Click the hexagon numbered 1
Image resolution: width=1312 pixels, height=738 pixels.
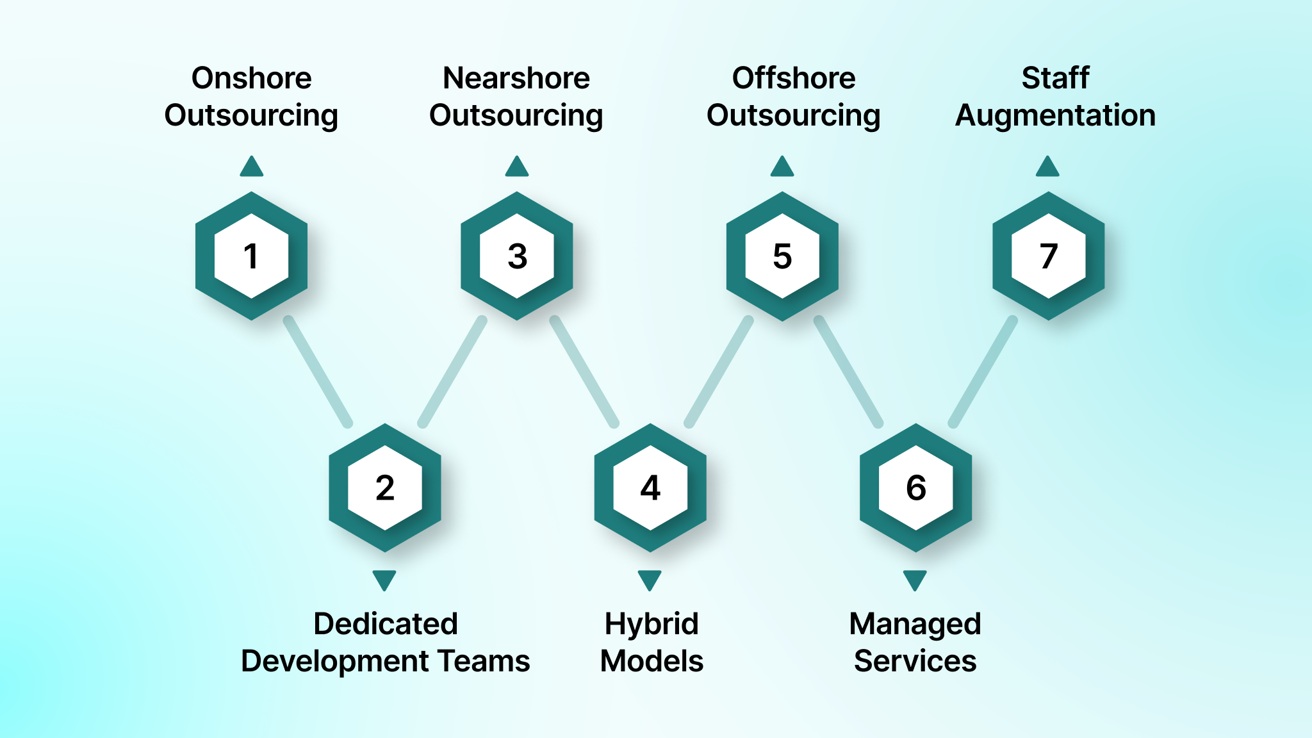pyautogui.click(x=251, y=256)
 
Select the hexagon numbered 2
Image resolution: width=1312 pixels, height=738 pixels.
pyautogui.click(x=384, y=488)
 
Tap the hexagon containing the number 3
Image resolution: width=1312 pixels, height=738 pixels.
pyautogui.click(x=517, y=256)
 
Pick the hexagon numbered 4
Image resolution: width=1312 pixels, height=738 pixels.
pyautogui.click(x=650, y=488)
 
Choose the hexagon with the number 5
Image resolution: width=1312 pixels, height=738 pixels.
pyautogui.click(x=782, y=256)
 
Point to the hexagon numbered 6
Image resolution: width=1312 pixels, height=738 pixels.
pyautogui.click(x=915, y=488)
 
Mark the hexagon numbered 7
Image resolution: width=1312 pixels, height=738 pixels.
pyautogui.click(x=1048, y=256)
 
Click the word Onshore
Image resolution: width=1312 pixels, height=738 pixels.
pyautogui.click(x=251, y=78)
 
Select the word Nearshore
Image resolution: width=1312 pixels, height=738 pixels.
pyautogui.click(x=516, y=78)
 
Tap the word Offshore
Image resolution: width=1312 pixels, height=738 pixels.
pyautogui.click(x=794, y=78)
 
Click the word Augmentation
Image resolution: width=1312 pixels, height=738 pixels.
pyautogui.click(x=1055, y=116)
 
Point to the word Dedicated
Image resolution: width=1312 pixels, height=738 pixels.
pyautogui.click(x=386, y=624)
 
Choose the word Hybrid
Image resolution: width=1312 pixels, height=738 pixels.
pyautogui.click(x=652, y=624)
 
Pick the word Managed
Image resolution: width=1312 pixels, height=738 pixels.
pyautogui.click(x=915, y=624)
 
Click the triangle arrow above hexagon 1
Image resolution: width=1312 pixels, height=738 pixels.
pyautogui.click(x=252, y=167)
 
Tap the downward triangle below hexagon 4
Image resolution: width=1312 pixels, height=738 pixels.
pyautogui.click(x=650, y=580)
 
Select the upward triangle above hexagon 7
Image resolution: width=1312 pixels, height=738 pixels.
pyautogui.click(x=1047, y=167)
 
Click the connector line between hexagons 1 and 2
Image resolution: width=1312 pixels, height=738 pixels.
pyautogui.click(x=318, y=372)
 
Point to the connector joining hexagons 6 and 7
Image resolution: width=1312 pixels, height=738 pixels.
pyautogui.click(x=983, y=372)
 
